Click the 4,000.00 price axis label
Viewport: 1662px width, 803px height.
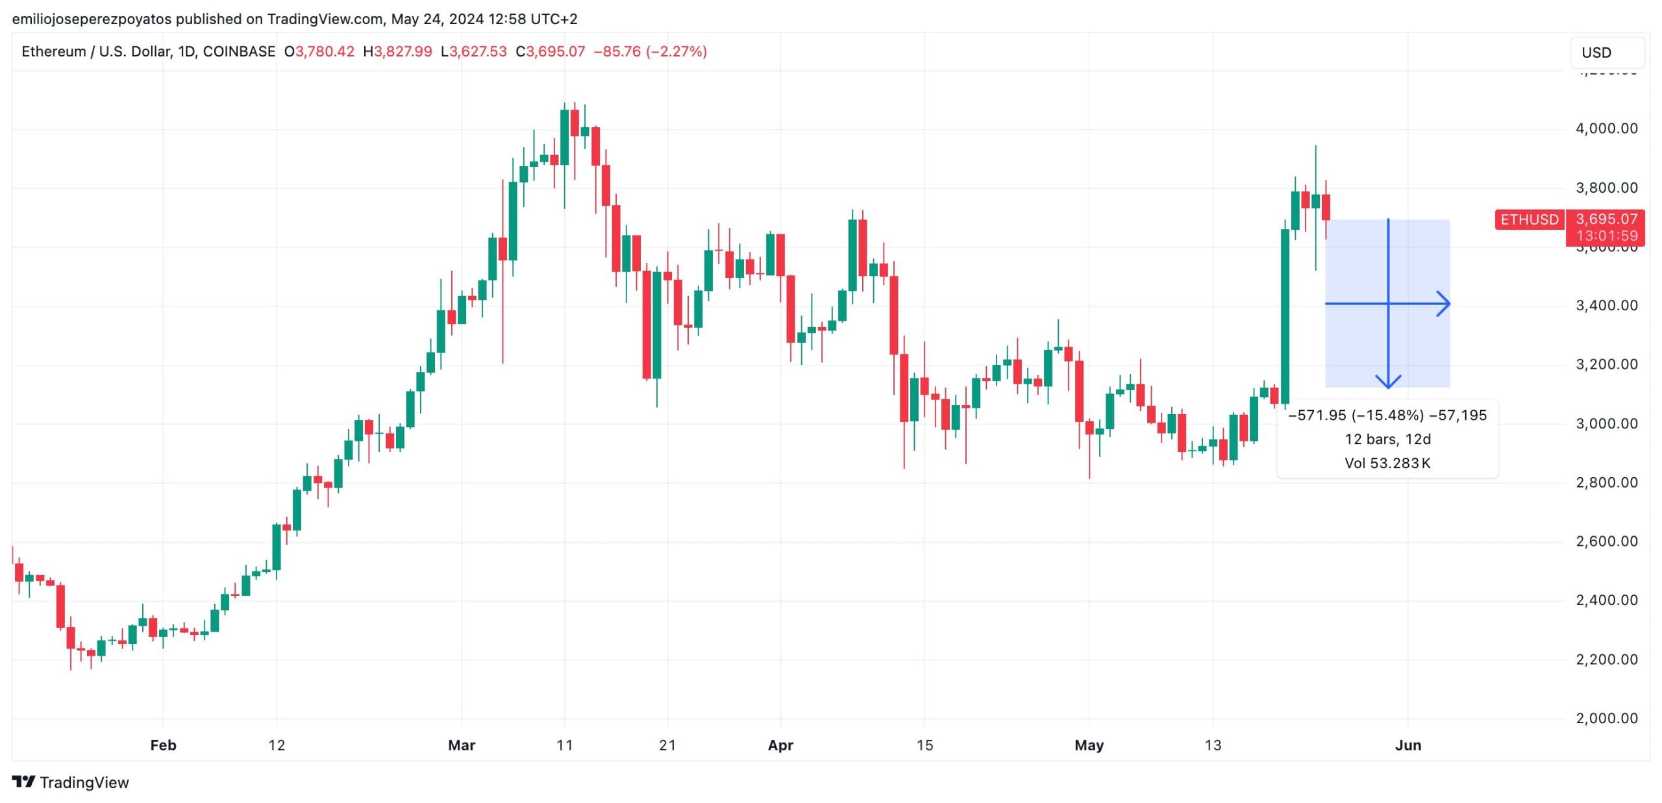[x=1606, y=129]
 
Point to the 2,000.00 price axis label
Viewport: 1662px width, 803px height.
[x=1606, y=718]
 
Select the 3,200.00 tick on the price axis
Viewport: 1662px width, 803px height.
[x=1606, y=364]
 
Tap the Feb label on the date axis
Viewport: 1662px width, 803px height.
[x=163, y=745]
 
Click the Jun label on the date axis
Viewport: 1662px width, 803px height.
[x=1408, y=745]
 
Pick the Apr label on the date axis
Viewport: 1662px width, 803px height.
[x=780, y=745]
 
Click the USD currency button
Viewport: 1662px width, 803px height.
[x=1606, y=53]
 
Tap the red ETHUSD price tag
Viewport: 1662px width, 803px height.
[x=1529, y=219]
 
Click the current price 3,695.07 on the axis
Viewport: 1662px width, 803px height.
[x=1606, y=219]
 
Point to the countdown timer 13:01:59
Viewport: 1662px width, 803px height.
[x=1606, y=236]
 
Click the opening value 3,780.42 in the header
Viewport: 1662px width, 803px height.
[x=325, y=51]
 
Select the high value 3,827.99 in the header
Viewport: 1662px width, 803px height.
[x=403, y=51]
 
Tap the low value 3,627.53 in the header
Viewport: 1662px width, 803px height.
[x=477, y=51]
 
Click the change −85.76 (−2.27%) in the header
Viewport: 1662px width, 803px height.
[x=650, y=51]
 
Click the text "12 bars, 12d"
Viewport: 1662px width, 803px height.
[x=1387, y=439]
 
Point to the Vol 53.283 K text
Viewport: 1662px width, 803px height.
[x=1387, y=463]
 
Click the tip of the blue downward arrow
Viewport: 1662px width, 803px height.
[x=1388, y=388]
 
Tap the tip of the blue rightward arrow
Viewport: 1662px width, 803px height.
[x=1449, y=304]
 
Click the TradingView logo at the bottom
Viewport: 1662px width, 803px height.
[x=71, y=782]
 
